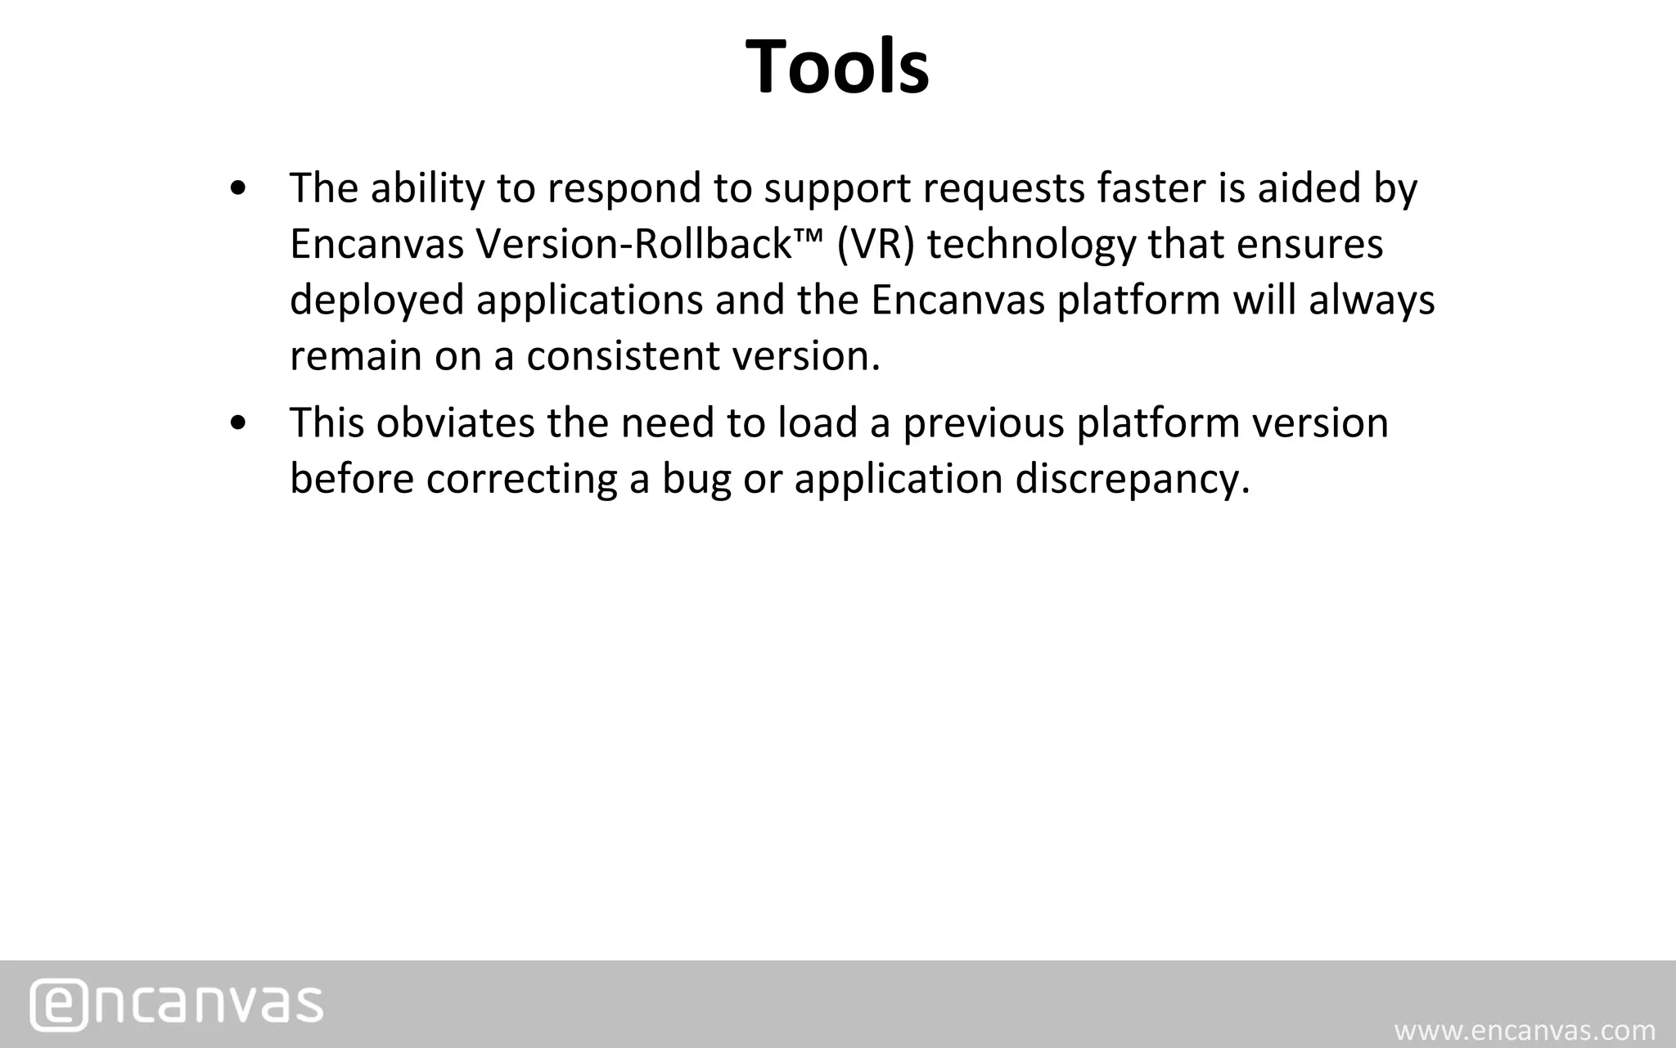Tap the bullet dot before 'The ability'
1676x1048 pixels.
pos(238,189)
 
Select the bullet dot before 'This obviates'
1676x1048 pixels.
pos(238,424)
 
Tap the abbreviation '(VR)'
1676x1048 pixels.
pos(876,244)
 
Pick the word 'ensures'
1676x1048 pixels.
pos(1309,244)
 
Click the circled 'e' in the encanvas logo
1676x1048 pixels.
pos(57,1004)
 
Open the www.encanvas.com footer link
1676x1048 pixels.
pos(1525,1030)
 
